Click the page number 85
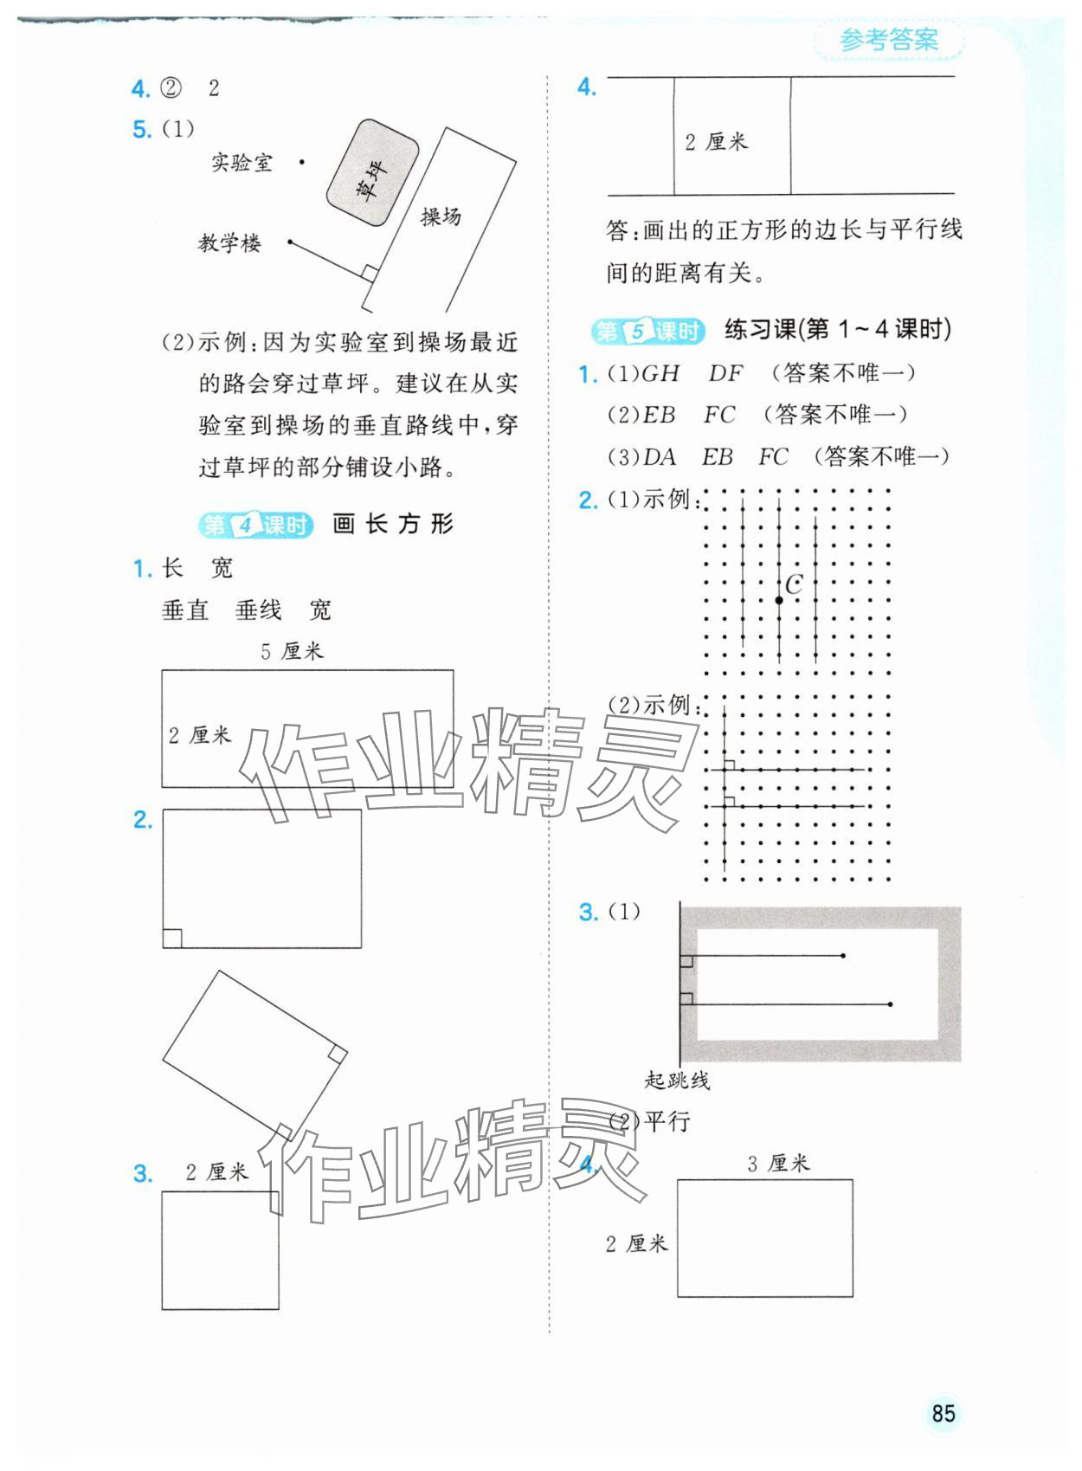pyautogui.click(x=943, y=1413)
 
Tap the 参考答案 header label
pyautogui.click(x=889, y=40)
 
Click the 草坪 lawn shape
pyautogui.click(x=372, y=174)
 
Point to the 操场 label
pyautogui.click(x=441, y=216)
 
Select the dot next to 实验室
pyautogui.click(x=302, y=162)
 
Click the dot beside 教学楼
pyautogui.click(x=290, y=242)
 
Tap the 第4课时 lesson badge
pyautogui.click(x=255, y=525)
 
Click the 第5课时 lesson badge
pyautogui.click(x=647, y=331)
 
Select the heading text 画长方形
pyautogui.click(x=393, y=524)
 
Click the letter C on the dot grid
pyautogui.click(x=794, y=584)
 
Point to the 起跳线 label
pyautogui.click(x=677, y=1080)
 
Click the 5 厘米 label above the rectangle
pyautogui.click(x=292, y=651)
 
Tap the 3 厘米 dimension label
pyautogui.click(x=778, y=1164)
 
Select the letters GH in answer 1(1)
pyautogui.click(x=660, y=373)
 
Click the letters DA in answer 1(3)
pyautogui.click(x=660, y=456)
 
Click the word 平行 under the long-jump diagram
pyautogui.click(x=667, y=1122)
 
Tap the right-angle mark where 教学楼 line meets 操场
pyautogui.click(x=369, y=274)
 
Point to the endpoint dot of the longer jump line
pyautogui.click(x=891, y=1004)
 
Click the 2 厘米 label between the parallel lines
pyautogui.click(x=716, y=142)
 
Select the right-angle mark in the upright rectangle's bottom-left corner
pyautogui.click(x=172, y=938)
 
